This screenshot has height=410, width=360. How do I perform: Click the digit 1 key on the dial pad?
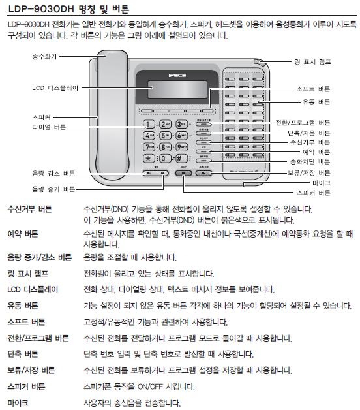tap(149, 124)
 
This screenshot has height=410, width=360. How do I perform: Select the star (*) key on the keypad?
tap(149, 158)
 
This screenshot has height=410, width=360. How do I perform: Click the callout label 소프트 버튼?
tap(312, 89)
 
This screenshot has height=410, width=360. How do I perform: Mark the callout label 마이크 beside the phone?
tap(322, 184)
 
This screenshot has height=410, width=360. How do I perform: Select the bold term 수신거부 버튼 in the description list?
tap(31, 210)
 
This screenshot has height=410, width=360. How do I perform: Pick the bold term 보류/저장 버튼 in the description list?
tap(31, 370)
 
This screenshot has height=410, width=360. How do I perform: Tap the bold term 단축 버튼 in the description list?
tap(23, 354)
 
